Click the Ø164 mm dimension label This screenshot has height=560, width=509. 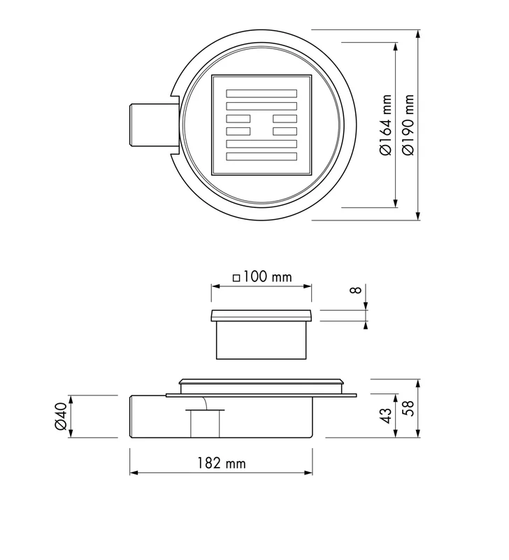tap(386, 125)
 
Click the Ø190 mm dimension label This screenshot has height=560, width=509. tap(408, 125)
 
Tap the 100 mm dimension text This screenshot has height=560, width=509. tap(268, 276)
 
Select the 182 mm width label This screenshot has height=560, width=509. tap(222, 463)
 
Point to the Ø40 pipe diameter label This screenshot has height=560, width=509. tap(61, 416)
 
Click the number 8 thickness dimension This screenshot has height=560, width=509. tap(357, 290)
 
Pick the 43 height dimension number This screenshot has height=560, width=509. tap(387, 415)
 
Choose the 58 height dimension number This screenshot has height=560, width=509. tap(408, 408)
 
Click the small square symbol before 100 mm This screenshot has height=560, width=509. tap(236, 278)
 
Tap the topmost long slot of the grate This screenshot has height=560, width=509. tap(261, 93)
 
